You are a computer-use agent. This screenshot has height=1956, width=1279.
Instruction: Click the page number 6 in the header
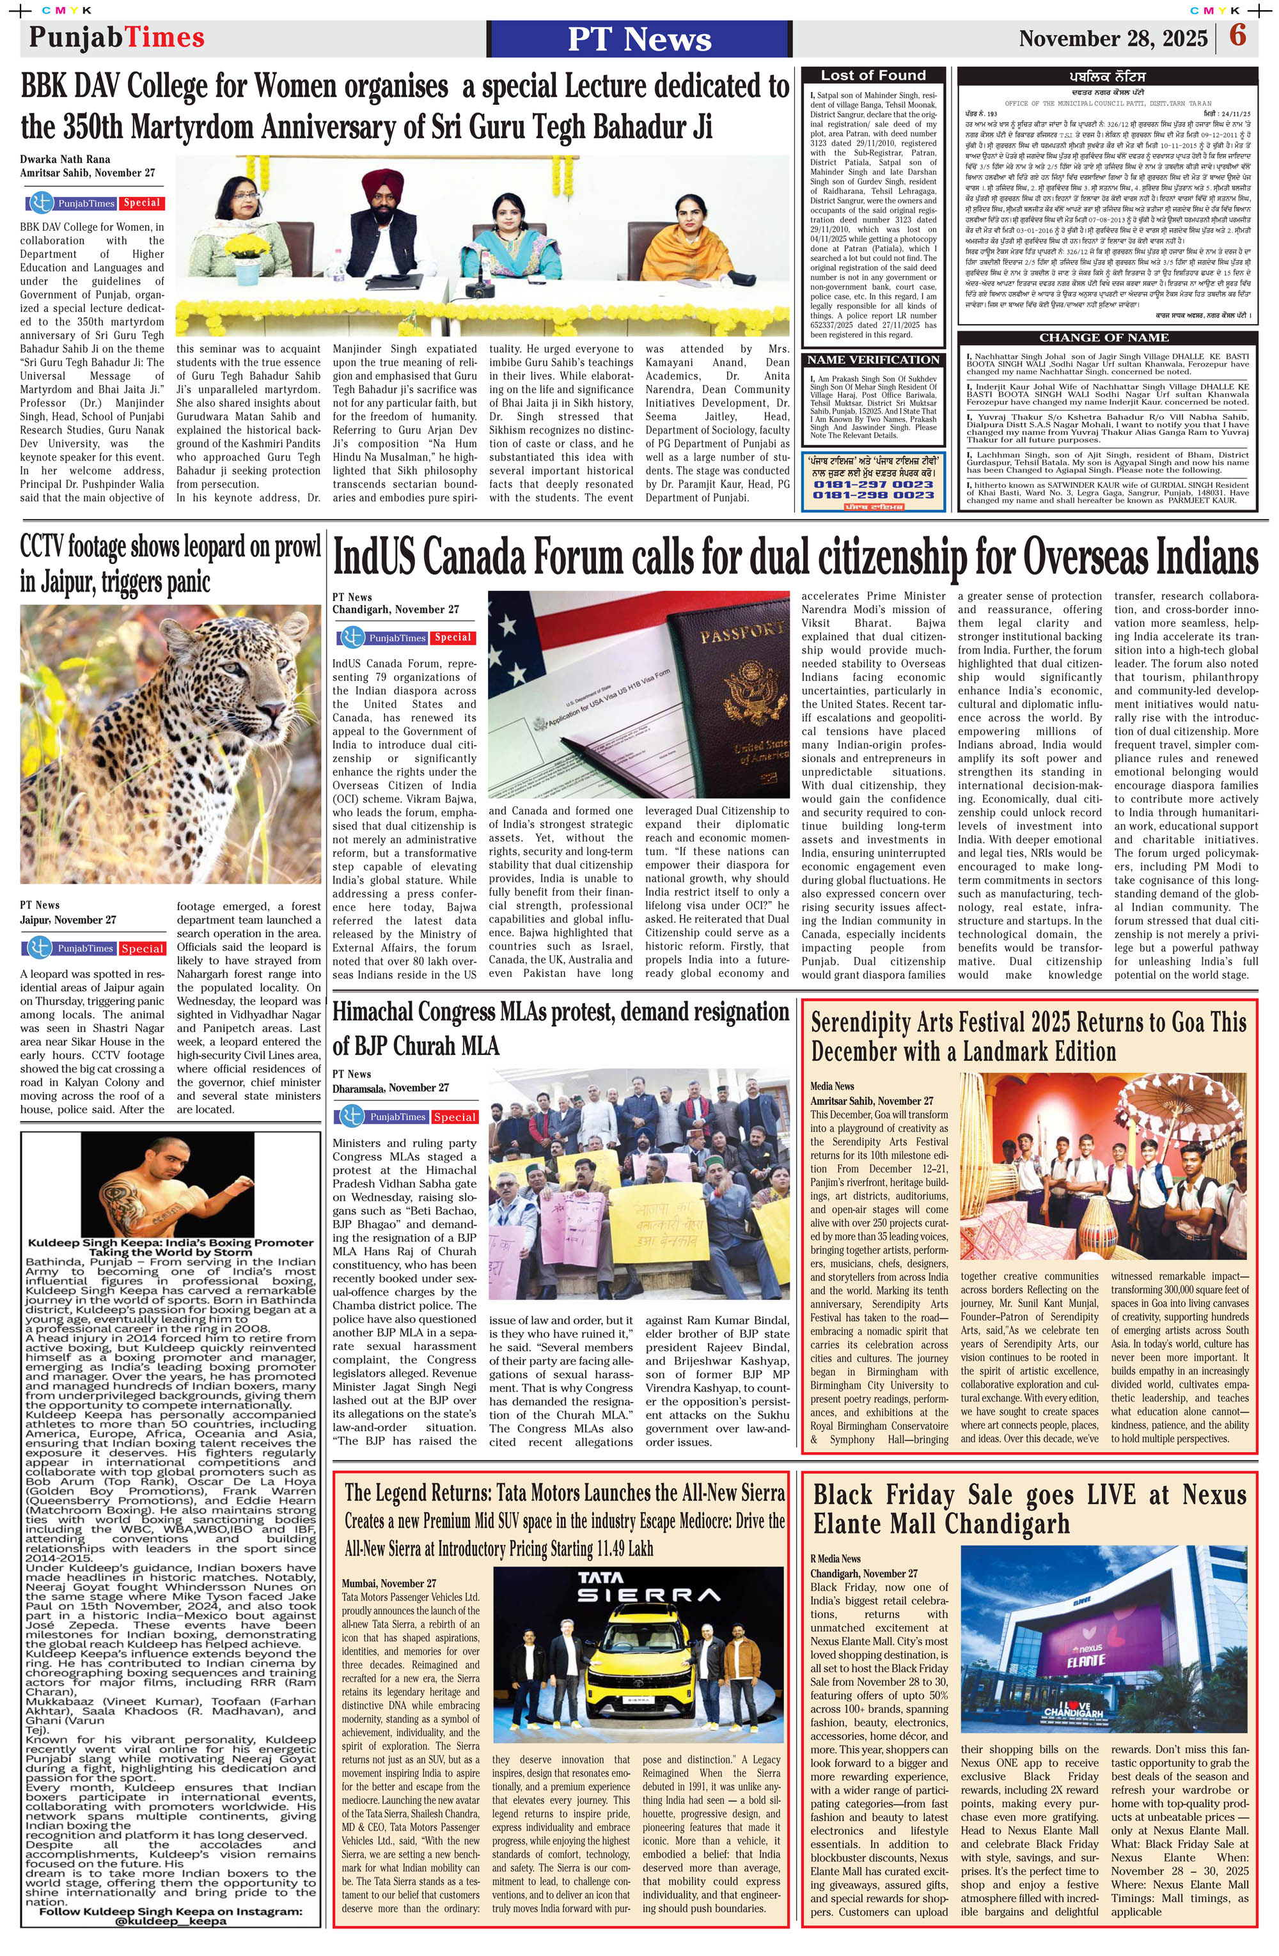click(x=1237, y=37)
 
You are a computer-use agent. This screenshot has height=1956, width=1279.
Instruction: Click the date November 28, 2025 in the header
click(x=1112, y=38)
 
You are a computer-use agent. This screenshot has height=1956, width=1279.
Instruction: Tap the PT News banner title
click(x=639, y=38)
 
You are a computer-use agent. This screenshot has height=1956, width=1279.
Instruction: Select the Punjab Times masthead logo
click(x=116, y=37)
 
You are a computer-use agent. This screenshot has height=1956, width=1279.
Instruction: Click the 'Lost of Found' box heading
click(x=873, y=75)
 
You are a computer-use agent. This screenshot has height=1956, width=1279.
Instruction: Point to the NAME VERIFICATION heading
click(x=873, y=360)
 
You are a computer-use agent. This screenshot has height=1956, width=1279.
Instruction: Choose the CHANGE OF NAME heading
click(x=1103, y=338)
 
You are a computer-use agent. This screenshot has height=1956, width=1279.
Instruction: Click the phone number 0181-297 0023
click(x=873, y=484)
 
